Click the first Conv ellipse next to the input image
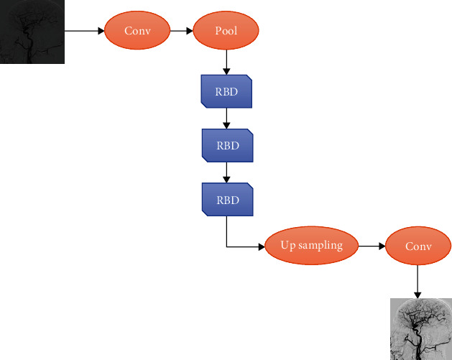(138, 31)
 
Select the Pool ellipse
(226, 31)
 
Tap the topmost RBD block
(226, 91)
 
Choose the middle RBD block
(226, 145)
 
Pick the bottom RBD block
(226, 199)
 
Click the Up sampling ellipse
(311, 246)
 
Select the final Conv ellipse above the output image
(418, 246)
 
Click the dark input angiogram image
(32, 32)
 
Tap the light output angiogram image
(421, 328)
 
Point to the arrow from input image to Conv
(84, 31)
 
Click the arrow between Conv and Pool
(181, 31)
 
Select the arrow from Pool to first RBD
(226, 62)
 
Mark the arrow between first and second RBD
(226, 119)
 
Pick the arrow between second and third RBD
(226, 172)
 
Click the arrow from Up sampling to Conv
(372, 246)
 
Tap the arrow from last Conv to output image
(418, 282)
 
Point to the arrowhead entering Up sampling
(261, 246)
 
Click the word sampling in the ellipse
(320, 246)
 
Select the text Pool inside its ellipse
(226, 31)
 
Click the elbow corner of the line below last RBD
(226, 246)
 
